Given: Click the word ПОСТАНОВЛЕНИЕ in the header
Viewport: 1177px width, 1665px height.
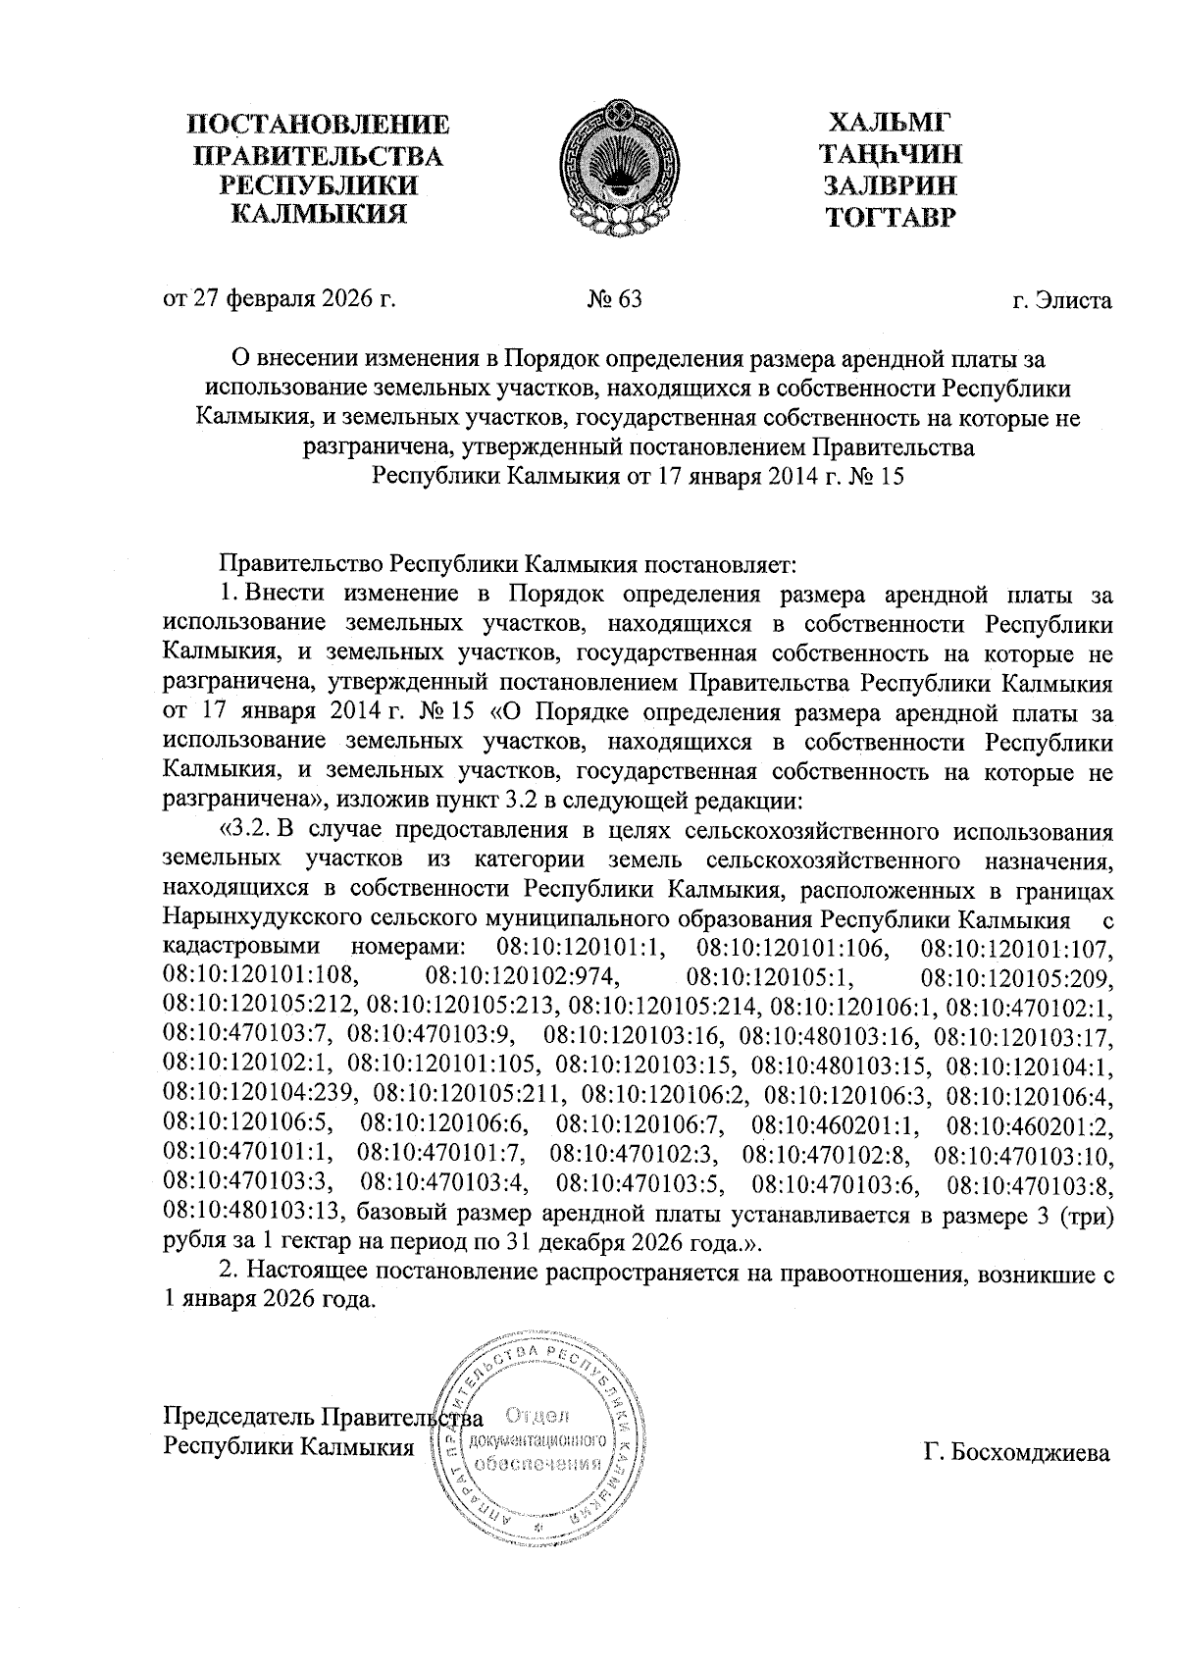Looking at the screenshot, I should point(320,126).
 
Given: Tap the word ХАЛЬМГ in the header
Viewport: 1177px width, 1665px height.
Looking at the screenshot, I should point(891,123).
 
